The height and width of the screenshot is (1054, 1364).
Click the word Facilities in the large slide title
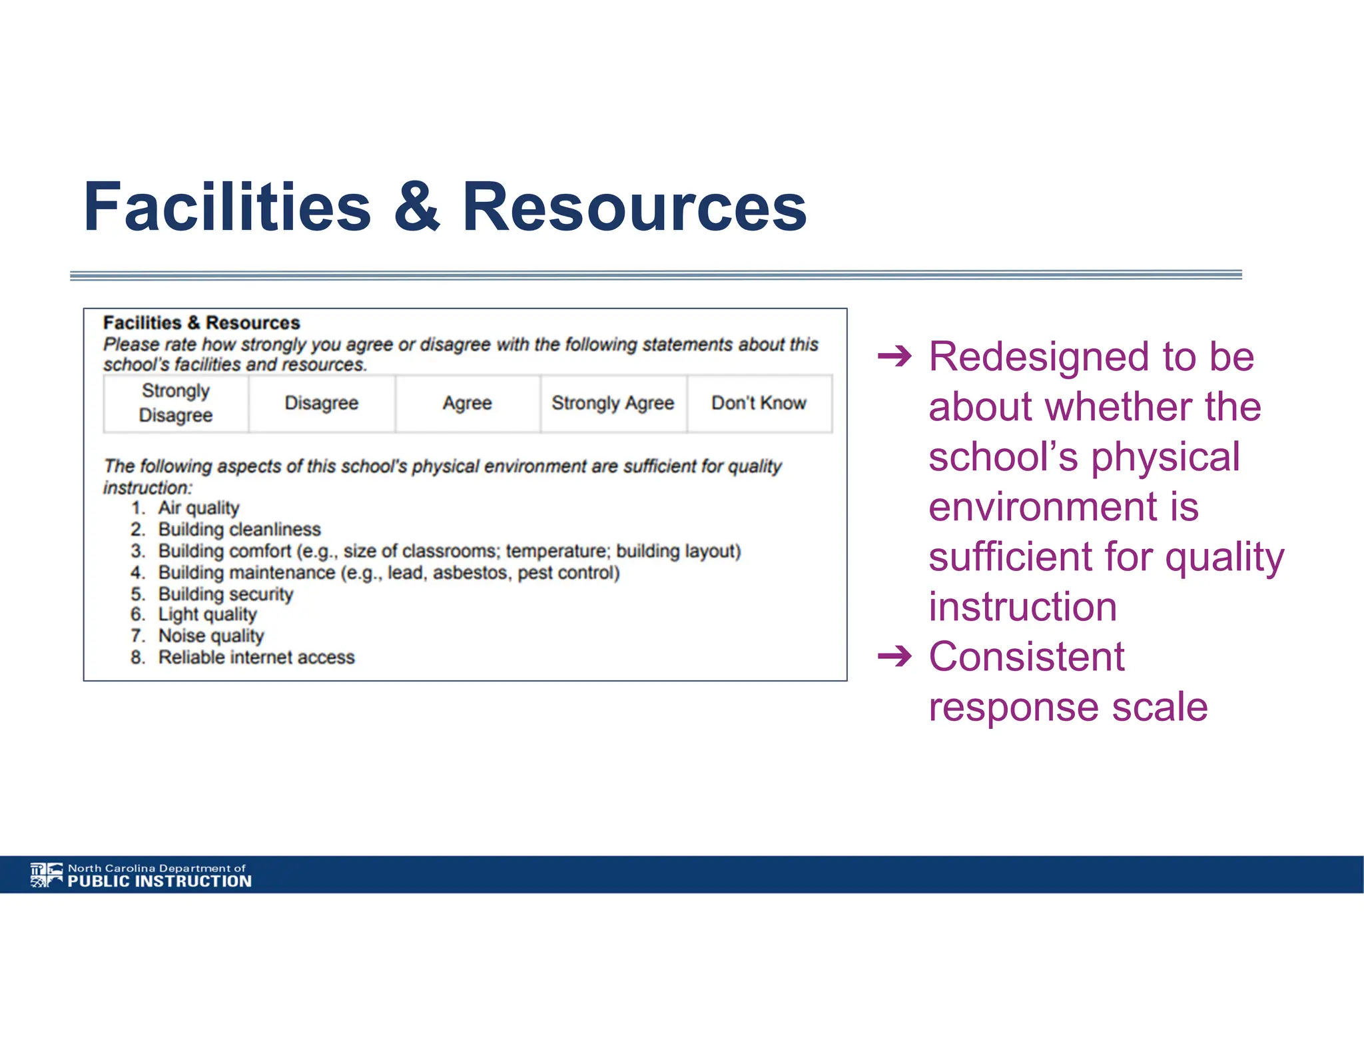click(x=226, y=207)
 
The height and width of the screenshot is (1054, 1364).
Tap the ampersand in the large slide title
click(x=416, y=207)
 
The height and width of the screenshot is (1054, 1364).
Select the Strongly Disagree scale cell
click(x=176, y=403)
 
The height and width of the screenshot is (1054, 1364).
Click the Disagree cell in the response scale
click(x=322, y=403)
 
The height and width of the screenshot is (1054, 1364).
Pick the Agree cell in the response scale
click(x=468, y=403)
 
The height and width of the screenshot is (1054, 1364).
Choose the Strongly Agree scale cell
click(x=613, y=403)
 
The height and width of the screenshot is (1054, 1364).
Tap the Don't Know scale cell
click(x=759, y=403)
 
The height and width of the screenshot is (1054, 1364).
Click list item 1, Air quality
click(x=198, y=508)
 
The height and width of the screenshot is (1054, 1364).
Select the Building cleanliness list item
click(x=239, y=530)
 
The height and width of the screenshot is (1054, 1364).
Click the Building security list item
click(x=226, y=594)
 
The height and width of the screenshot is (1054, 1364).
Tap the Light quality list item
click(x=207, y=615)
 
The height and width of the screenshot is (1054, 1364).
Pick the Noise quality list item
click(x=211, y=636)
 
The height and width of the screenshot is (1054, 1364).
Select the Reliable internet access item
click(x=256, y=658)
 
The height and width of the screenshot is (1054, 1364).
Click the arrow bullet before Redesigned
click(x=894, y=358)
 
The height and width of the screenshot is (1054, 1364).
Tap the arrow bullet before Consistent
click(x=894, y=657)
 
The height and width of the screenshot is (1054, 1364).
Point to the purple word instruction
click(x=1023, y=607)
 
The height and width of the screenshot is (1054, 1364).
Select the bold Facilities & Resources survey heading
click(x=201, y=323)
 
